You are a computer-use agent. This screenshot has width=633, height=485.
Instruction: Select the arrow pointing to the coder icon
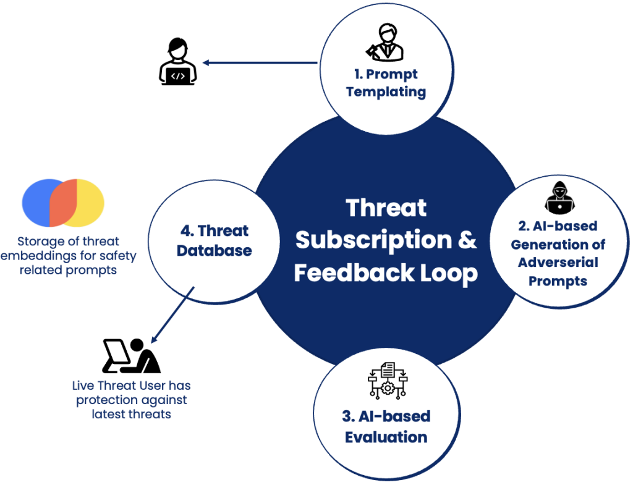click(260, 62)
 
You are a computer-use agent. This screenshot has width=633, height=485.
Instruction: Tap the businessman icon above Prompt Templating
click(386, 43)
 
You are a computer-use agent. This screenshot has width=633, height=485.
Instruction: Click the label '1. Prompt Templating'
click(386, 83)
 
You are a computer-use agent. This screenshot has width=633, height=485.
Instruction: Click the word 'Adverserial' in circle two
click(558, 262)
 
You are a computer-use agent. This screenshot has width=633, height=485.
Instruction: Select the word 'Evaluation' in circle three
click(386, 437)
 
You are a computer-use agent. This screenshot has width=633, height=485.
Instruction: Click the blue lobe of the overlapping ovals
click(37, 203)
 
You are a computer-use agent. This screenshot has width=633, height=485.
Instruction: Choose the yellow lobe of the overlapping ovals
click(90, 203)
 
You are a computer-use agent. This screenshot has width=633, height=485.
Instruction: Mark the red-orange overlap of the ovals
click(63, 203)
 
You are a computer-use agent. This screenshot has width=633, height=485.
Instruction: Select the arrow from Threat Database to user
click(174, 313)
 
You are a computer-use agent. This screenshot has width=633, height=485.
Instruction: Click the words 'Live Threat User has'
click(131, 386)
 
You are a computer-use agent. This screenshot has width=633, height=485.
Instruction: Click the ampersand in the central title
click(467, 240)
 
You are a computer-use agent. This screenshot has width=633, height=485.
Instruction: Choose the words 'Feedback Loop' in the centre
click(386, 272)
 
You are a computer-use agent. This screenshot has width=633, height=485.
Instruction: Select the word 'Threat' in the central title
click(386, 208)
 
